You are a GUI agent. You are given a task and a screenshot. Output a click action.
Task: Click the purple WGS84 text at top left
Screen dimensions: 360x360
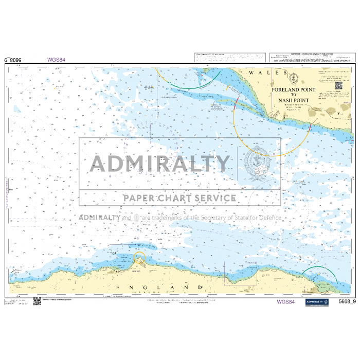point(56,60)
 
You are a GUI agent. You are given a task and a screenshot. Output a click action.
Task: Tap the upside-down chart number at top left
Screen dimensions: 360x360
point(14,60)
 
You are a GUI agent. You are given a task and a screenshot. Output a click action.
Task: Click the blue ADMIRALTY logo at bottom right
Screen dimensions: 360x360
point(317,302)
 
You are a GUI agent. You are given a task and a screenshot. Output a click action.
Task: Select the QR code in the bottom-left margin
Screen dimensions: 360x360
point(37,301)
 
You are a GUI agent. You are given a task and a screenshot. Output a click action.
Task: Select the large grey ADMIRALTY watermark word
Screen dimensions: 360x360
point(160,164)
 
